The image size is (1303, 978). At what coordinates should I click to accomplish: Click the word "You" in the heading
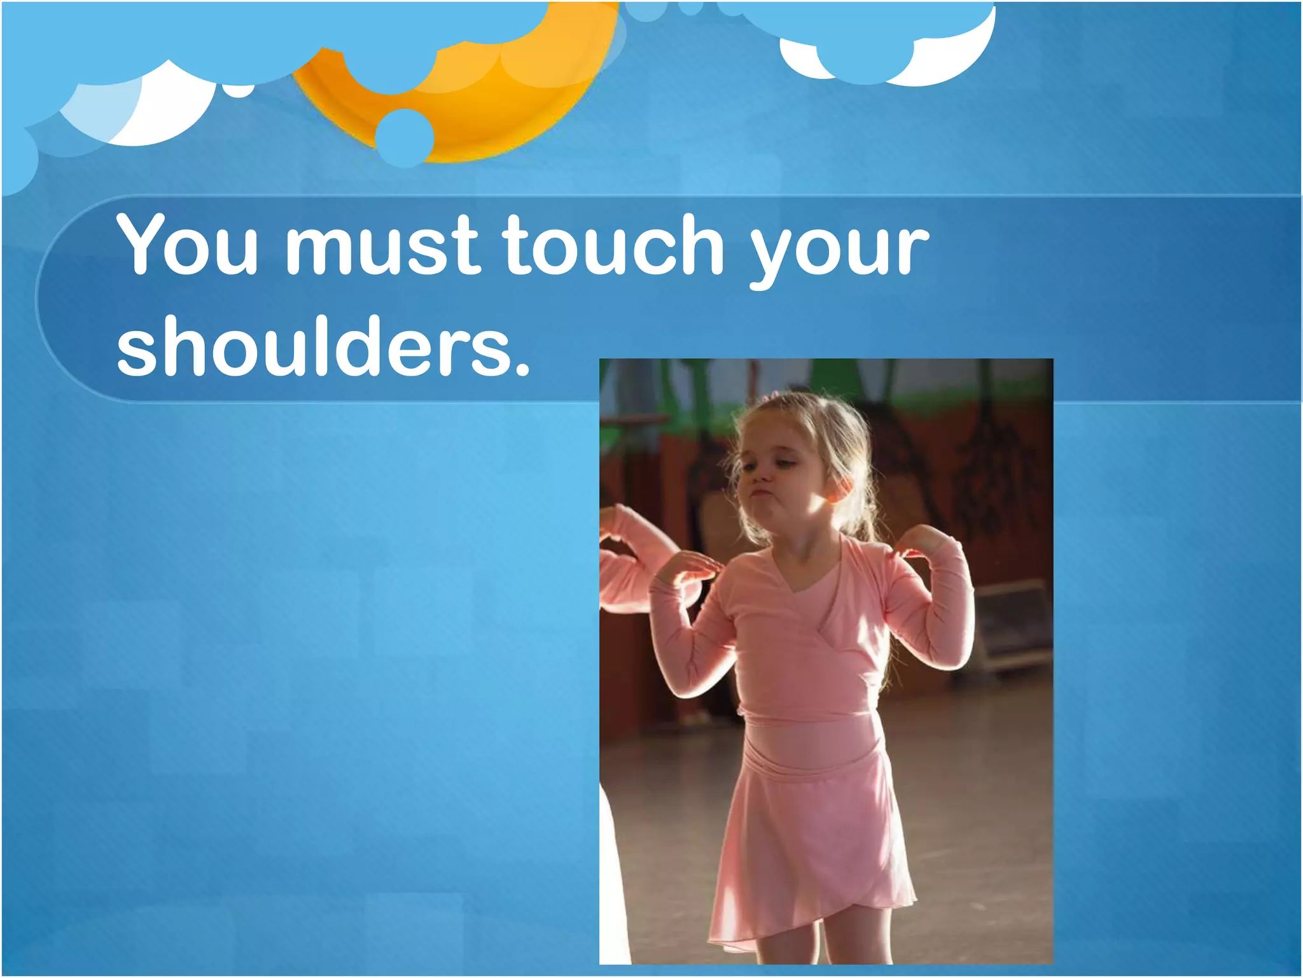point(187,244)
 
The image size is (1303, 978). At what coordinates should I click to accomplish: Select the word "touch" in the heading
point(613,244)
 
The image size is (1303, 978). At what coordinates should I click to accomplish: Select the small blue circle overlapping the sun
point(405,137)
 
